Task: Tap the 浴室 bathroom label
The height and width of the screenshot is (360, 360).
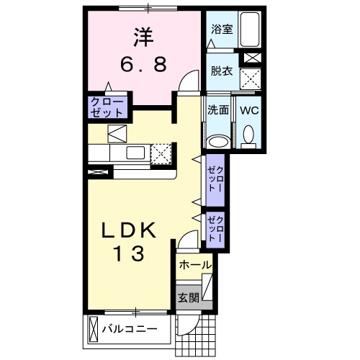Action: click(221, 30)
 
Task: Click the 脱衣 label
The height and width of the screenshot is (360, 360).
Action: click(221, 71)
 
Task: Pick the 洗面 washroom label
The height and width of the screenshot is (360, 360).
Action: click(219, 111)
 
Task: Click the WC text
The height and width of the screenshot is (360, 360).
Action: click(250, 111)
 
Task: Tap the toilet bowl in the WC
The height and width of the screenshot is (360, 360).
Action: click(249, 135)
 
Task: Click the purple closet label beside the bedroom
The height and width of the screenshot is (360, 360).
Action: click(107, 107)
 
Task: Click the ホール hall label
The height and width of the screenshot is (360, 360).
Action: click(194, 264)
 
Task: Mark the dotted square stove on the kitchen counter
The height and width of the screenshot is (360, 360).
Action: click(161, 153)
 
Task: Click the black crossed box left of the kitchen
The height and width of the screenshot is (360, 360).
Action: click(98, 172)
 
